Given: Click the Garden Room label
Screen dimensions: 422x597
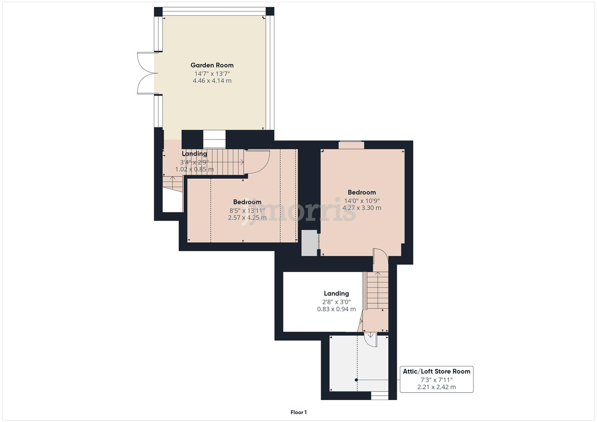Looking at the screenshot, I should [212, 65].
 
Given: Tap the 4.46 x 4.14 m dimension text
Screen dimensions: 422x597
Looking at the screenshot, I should [212, 81].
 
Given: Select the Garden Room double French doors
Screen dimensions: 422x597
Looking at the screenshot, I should [145, 73].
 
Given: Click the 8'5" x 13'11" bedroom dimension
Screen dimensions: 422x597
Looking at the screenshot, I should [247, 210].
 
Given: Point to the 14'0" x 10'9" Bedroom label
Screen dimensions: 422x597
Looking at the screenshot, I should [362, 192].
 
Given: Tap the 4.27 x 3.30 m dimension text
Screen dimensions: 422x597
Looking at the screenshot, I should [362, 208].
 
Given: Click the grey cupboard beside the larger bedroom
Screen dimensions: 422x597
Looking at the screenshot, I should [309, 243].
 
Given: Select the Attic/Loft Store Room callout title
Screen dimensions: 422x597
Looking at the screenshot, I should [436, 372].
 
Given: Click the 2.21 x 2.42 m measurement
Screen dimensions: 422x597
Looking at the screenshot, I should [436, 387].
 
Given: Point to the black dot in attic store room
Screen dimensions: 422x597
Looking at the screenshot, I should [356, 380].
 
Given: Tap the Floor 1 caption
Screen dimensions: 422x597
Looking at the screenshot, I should [298, 412].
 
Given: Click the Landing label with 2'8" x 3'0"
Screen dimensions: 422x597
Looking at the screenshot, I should [336, 293].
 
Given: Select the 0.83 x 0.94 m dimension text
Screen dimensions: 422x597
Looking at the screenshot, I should [336, 309].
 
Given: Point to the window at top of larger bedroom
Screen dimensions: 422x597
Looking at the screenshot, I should [351, 145].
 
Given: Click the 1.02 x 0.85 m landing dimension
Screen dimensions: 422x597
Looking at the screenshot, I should [194, 170].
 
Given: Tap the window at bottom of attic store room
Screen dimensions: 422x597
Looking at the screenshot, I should [380, 396].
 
